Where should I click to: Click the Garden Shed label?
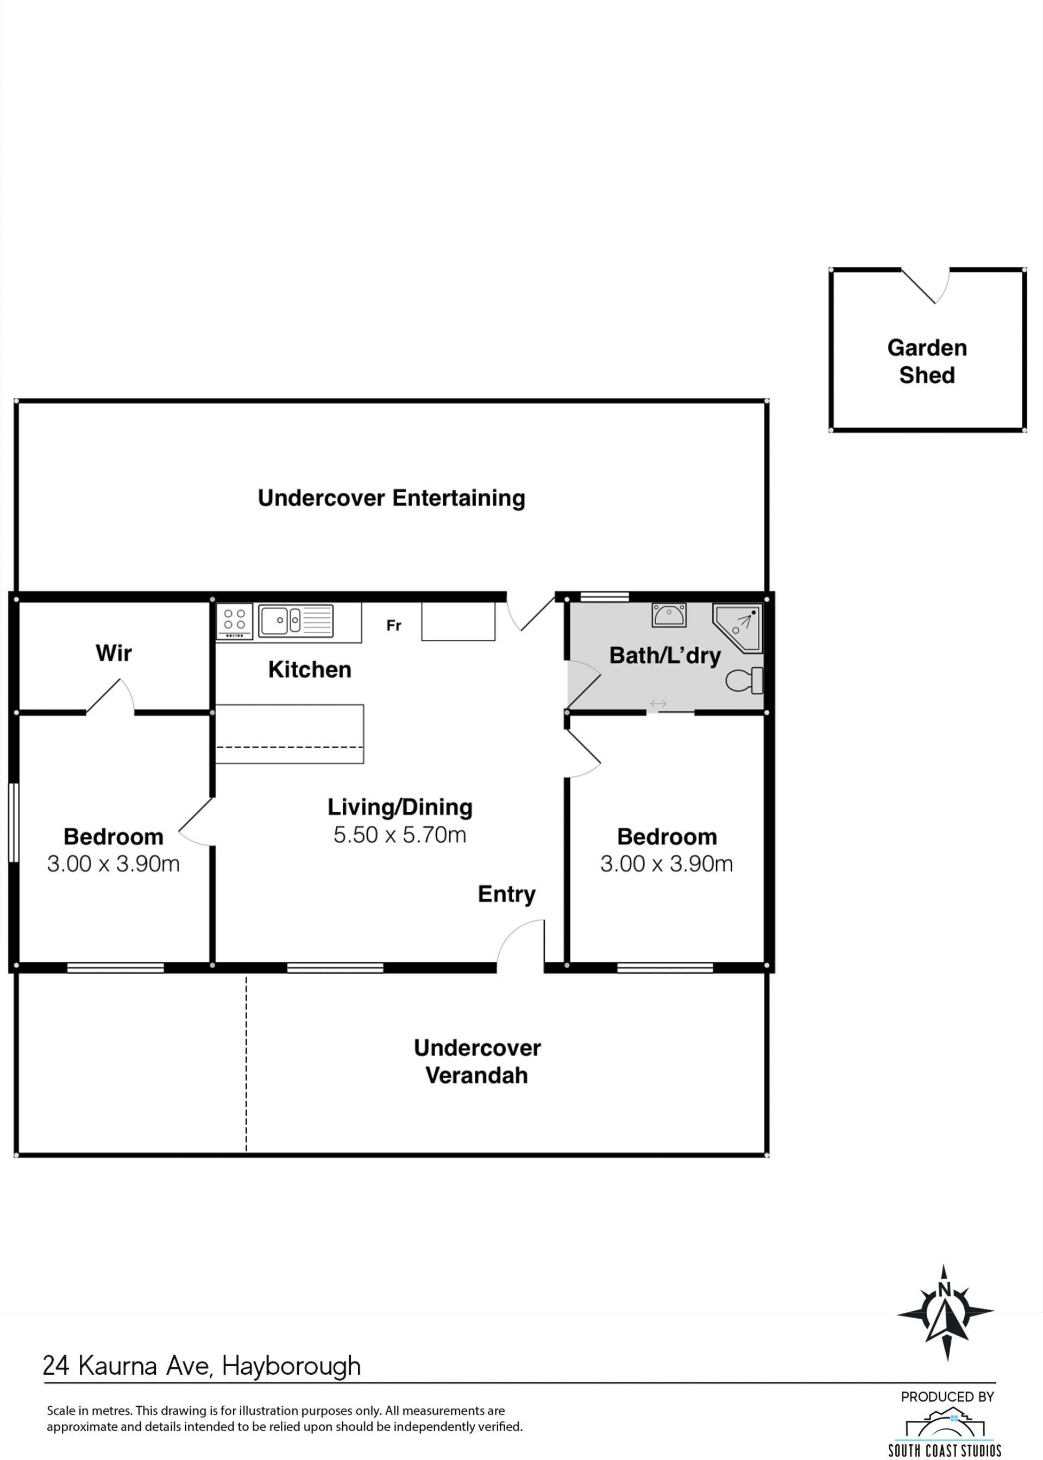click(927, 361)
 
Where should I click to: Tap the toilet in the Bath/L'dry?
click(745, 680)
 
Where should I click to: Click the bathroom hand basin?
click(669, 615)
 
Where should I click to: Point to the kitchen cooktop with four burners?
click(235, 621)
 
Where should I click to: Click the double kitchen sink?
click(296, 621)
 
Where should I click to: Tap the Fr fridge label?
click(394, 625)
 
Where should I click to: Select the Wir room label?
click(114, 653)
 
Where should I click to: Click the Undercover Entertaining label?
click(391, 498)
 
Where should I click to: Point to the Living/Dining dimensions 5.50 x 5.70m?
click(399, 835)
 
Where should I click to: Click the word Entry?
click(507, 894)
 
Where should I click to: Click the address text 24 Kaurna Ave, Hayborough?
click(202, 1365)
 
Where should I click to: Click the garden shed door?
click(926, 285)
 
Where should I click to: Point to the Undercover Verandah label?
click(477, 1062)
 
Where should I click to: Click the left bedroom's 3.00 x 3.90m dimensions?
click(113, 863)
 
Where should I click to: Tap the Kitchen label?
click(310, 669)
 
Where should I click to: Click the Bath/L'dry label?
click(665, 655)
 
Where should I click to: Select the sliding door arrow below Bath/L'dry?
click(658, 704)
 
